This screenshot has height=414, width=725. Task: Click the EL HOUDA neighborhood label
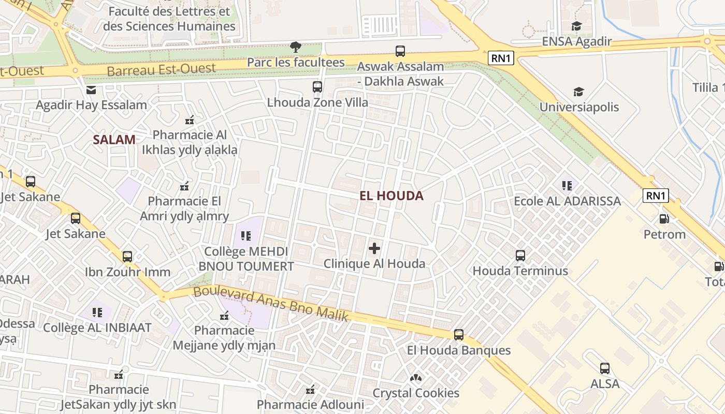[392, 196]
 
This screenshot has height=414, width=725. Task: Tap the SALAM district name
[114, 139]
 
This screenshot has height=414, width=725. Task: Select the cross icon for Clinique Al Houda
[374, 248]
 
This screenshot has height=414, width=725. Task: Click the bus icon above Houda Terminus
[520, 255]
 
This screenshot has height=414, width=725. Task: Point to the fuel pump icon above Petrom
[664, 218]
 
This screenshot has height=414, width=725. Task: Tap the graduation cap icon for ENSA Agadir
[576, 26]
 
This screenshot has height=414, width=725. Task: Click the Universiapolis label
[579, 107]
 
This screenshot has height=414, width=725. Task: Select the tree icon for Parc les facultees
[296, 47]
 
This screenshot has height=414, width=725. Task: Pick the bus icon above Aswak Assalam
[400, 51]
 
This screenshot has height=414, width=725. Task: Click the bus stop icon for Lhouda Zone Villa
[317, 87]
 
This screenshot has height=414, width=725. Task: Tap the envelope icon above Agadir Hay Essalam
[91, 90]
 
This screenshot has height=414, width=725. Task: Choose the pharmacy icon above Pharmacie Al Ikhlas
[190, 120]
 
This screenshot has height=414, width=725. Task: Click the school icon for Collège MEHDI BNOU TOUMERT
[246, 236]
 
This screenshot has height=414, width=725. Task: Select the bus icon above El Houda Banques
[459, 335]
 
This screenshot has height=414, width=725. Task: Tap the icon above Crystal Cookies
[416, 378]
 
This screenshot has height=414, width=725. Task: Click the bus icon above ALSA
[605, 368]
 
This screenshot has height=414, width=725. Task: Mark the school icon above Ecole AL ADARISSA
[567, 185]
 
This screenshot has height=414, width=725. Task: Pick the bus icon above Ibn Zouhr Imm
[127, 256]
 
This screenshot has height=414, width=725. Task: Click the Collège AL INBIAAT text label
[97, 328]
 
